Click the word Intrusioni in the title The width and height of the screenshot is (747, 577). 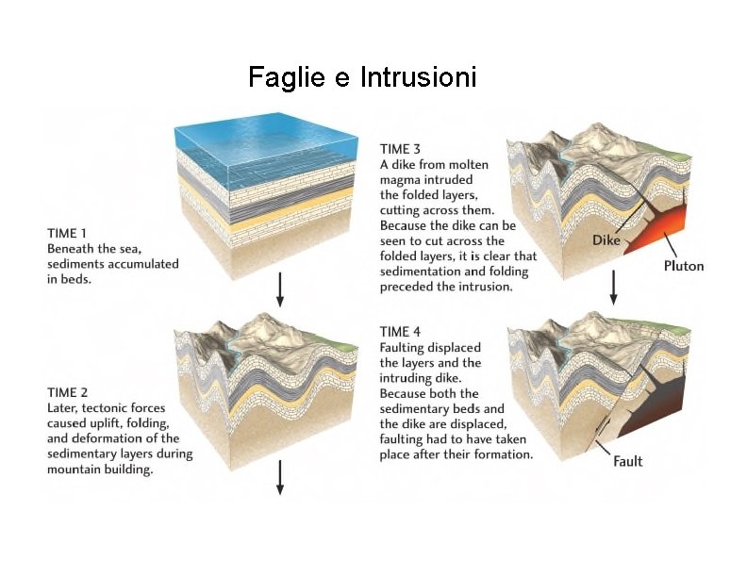coord(418,76)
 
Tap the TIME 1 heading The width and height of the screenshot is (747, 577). coord(67,233)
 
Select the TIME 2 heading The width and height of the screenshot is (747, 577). coord(68,392)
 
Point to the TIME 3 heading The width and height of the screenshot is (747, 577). coord(400,149)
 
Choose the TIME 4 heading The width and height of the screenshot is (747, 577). coord(400,332)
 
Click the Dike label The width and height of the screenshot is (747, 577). coord(606,240)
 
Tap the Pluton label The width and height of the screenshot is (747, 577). coord(684,266)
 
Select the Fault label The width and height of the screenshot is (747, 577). coord(628,461)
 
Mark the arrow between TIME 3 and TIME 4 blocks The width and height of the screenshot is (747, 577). coord(614,287)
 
